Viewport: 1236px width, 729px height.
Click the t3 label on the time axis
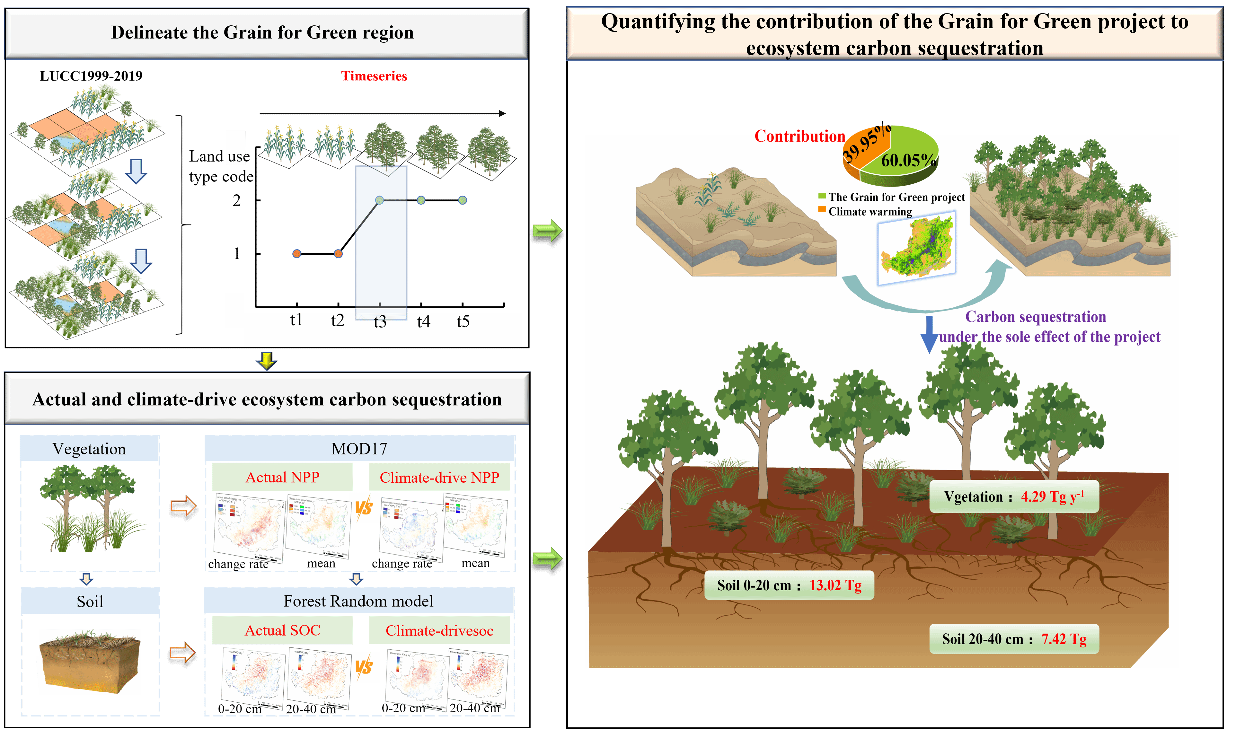380,322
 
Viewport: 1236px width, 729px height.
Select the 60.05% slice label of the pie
908,160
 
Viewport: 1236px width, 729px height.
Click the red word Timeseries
374,76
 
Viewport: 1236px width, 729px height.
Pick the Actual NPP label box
282,477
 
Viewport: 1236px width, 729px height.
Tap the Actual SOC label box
282,630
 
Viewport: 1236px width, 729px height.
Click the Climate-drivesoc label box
439,630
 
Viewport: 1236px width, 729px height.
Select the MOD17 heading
359,449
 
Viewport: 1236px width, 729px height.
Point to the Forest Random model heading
358,601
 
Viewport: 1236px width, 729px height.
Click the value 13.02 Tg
835,585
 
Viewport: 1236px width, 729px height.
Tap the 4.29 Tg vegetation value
1052,496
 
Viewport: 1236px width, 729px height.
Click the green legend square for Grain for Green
822,196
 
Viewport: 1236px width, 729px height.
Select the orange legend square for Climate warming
822,210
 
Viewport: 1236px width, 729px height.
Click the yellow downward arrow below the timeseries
266,360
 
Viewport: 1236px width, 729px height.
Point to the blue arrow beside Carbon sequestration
929,334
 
